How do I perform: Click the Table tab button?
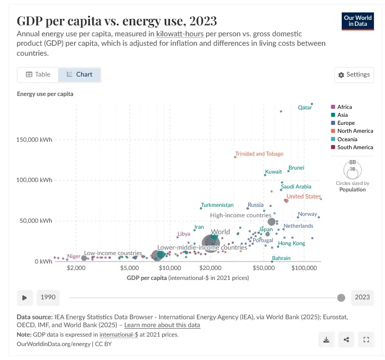pos(38,75)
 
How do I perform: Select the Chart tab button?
pos(79,75)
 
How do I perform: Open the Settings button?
pos(354,75)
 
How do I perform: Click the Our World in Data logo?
pos(358,20)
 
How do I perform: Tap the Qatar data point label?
pos(304,107)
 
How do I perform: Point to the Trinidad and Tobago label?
pos(259,154)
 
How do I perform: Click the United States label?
pos(303,196)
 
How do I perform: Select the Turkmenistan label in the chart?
pos(217,205)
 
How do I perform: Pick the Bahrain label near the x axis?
pos(281,258)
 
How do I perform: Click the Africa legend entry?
pos(344,107)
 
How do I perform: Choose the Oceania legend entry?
pos(347,139)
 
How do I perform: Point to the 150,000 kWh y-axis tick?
pos(35,140)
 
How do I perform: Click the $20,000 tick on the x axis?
pos(210,268)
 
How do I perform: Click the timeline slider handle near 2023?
pos(341,297)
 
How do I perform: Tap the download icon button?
pos(326,340)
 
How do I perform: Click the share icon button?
pos(346,340)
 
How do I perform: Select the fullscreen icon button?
pos(366,340)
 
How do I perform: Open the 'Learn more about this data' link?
pos(162,325)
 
